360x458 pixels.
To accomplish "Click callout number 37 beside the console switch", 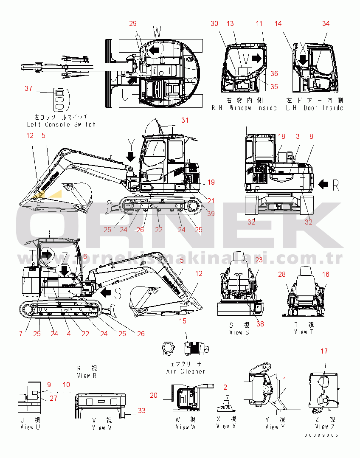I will tap(28, 88).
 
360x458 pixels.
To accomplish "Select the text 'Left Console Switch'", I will tap(61, 124).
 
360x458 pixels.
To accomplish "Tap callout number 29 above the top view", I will tap(133, 23).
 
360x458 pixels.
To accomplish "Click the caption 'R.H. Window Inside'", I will tap(244, 108).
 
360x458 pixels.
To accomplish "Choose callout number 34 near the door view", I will tap(326, 24).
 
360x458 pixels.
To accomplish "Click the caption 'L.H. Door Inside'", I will tap(314, 108).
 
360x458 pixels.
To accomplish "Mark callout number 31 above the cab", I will tap(184, 120).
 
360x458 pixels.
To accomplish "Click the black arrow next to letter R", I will tap(323, 184).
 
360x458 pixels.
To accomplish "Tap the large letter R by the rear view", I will tap(336, 184).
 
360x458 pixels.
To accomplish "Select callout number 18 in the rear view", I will tap(282, 136).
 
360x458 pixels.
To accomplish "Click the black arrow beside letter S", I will tap(106, 292).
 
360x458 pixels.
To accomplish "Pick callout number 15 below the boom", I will tap(183, 321).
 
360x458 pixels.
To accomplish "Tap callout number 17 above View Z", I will tap(324, 351).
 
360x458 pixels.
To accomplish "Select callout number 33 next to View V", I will tap(142, 410).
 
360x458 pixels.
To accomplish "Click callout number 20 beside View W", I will tap(154, 395).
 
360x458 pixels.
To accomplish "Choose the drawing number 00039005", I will tap(321, 435).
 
